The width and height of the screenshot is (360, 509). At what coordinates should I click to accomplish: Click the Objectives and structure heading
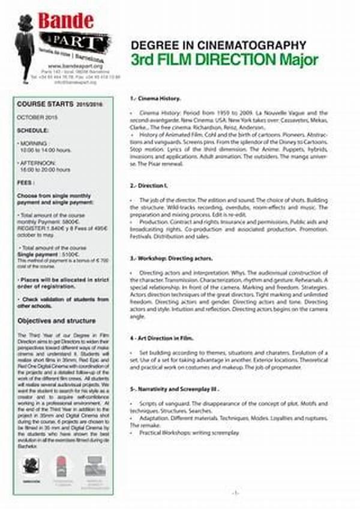click(56, 320)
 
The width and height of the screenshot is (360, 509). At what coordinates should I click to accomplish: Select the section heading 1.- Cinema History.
click(155, 98)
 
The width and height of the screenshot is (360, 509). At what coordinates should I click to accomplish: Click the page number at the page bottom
click(236, 493)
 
